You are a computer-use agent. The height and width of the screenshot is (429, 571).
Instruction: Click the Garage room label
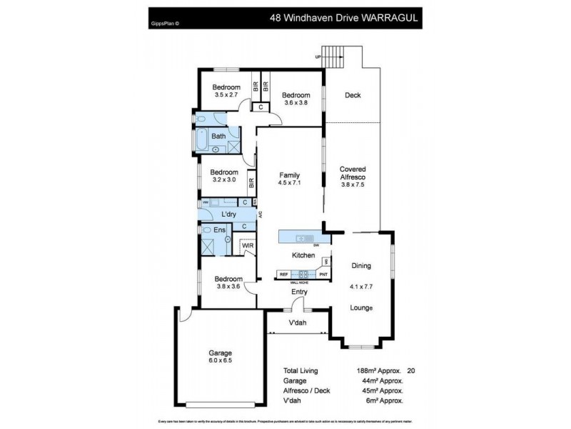[220, 353]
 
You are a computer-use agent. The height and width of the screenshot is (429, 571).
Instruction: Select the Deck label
[352, 96]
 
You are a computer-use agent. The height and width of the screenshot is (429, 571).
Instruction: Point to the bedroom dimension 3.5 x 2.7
[226, 94]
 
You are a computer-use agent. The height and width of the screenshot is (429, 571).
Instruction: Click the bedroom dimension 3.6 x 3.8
[295, 103]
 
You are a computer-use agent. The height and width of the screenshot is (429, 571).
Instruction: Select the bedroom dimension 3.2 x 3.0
[223, 179]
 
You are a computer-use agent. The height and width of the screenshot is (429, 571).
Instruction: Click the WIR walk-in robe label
[248, 245]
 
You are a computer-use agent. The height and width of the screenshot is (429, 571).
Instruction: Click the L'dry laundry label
[228, 214]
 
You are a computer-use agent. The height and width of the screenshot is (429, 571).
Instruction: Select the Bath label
[218, 136]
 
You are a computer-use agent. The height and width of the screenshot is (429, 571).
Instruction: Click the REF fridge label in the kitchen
[283, 275]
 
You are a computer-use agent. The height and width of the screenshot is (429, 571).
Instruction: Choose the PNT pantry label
[323, 275]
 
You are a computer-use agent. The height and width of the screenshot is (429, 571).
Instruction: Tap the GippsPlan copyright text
[165, 23]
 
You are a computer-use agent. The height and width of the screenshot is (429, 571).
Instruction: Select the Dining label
[361, 266]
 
